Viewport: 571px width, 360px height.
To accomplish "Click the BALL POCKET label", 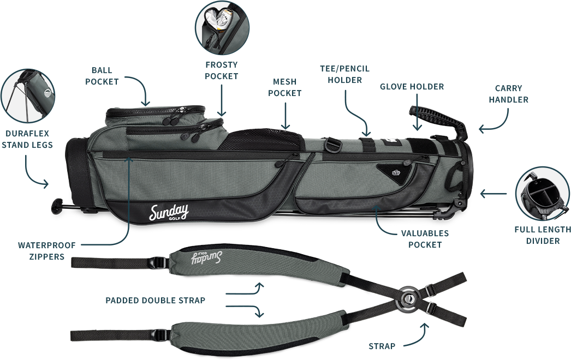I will click(x=102, y=76).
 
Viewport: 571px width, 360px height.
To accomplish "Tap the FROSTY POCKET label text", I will click(x=222, y=70).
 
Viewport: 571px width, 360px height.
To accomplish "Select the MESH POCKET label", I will click(x=284, y=87).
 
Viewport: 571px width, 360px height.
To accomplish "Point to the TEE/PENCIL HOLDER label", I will click(x=344, y=74).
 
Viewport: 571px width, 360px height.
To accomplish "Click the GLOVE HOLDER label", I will click(x=412, y=87).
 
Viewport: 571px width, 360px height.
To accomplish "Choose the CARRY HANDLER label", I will click(x=508, y=94).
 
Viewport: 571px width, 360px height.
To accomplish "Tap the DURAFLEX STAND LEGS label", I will click(x=27, y=139).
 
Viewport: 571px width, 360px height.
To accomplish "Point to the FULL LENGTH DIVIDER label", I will click(x=543, y=235).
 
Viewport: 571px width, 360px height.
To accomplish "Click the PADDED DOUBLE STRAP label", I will click(x=156, y=301).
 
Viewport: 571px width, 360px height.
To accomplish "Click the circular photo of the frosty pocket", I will click(x=222, y=28).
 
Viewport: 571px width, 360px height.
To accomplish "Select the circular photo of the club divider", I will click(x=542, y=194).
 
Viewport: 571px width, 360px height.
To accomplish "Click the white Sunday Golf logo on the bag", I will click(x=169, y=212).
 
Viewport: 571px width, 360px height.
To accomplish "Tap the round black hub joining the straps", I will click(x=408, y=297).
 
